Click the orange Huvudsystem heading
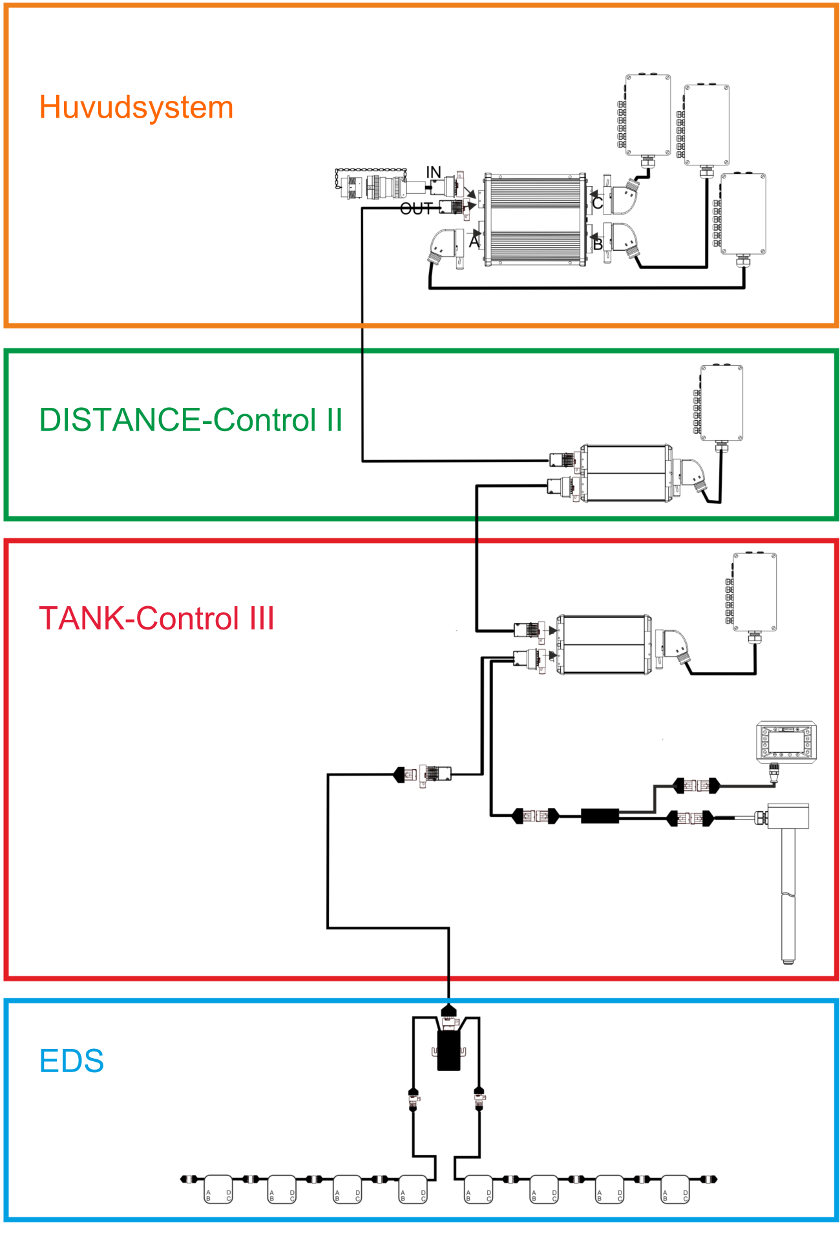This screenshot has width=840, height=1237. click(x=136, y=107)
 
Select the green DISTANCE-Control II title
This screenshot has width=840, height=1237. click(x=191, y=420)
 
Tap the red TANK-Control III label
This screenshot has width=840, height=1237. click(x=156, y=618)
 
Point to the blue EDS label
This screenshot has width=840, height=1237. click(x=71, y=1061)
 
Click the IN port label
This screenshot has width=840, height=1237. click(x=433, y=172)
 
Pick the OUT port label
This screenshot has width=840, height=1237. click(x=415, y=209)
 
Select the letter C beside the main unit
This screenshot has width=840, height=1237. click(x=598, y=203)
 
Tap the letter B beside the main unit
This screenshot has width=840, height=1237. click(x=598, y=244)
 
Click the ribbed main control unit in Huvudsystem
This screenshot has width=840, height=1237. click(x=535, y=220)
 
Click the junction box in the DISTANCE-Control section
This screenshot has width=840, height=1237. click(x=721, y=403)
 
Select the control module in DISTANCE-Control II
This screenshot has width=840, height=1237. click(x=625, y=473)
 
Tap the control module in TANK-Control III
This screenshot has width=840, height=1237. click(x=604, y=644)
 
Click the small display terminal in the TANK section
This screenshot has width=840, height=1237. click(x=786, y=742)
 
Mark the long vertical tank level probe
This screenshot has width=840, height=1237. click(x=788, y=892)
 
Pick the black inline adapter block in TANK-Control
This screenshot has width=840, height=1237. click(x=600, y=816)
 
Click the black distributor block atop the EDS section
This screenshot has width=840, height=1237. click(x=448, y=1049)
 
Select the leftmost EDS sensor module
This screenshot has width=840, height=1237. click(x=218, y=1189)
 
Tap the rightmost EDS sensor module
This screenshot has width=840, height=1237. click(x=675, y=1189)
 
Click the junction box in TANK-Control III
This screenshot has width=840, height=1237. click(x=754, y=591)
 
